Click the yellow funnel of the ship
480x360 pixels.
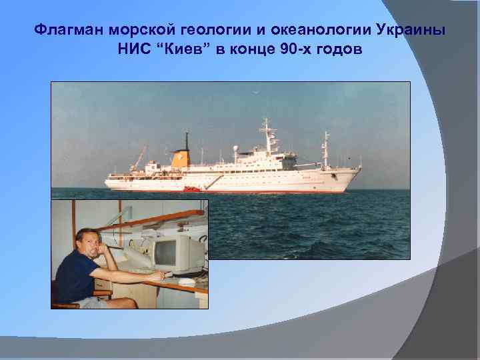point(180,159)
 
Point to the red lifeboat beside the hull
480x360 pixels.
point(191,189)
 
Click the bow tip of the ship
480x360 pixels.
point(360,169)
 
